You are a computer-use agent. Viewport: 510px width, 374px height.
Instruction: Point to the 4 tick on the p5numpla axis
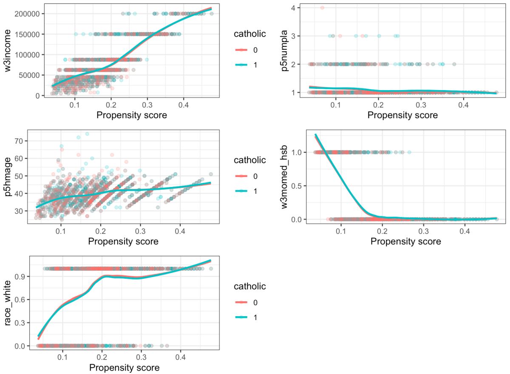point(293,8)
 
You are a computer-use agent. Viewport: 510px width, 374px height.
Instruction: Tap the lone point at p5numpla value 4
point(322,8)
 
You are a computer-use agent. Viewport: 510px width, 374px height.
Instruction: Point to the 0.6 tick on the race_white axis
point(20,300)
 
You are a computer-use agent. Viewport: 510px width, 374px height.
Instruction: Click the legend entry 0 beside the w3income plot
point(255,50)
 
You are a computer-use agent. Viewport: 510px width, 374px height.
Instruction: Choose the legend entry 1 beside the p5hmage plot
point(255,191)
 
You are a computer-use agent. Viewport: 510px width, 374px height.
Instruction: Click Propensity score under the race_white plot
point(124,368)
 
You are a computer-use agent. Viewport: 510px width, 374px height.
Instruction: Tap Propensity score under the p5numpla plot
point(402,115)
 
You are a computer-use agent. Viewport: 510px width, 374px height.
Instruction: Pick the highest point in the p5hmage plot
point(87,134)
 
